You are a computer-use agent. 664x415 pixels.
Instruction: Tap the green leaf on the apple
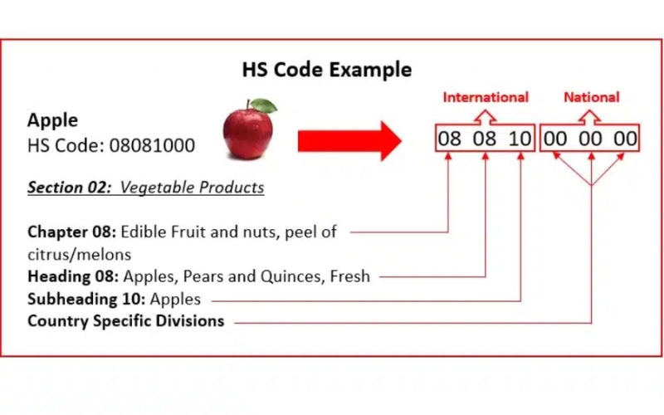264,105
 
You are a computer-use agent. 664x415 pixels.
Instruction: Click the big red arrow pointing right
349,139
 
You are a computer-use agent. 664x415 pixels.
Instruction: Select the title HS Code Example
326,70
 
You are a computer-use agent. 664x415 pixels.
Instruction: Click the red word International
486,97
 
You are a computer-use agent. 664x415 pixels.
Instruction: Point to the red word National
591,97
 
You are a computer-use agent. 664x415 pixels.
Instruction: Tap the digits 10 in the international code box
520,139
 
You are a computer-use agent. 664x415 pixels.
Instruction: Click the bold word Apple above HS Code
52,120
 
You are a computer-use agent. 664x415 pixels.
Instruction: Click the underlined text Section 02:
70,188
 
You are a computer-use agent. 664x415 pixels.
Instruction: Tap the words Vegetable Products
193,188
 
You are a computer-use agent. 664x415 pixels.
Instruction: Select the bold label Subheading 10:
82,299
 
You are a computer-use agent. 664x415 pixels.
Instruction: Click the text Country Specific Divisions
126,320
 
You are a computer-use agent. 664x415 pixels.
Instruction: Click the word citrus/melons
80,254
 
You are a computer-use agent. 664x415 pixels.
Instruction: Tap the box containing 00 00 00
590,139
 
